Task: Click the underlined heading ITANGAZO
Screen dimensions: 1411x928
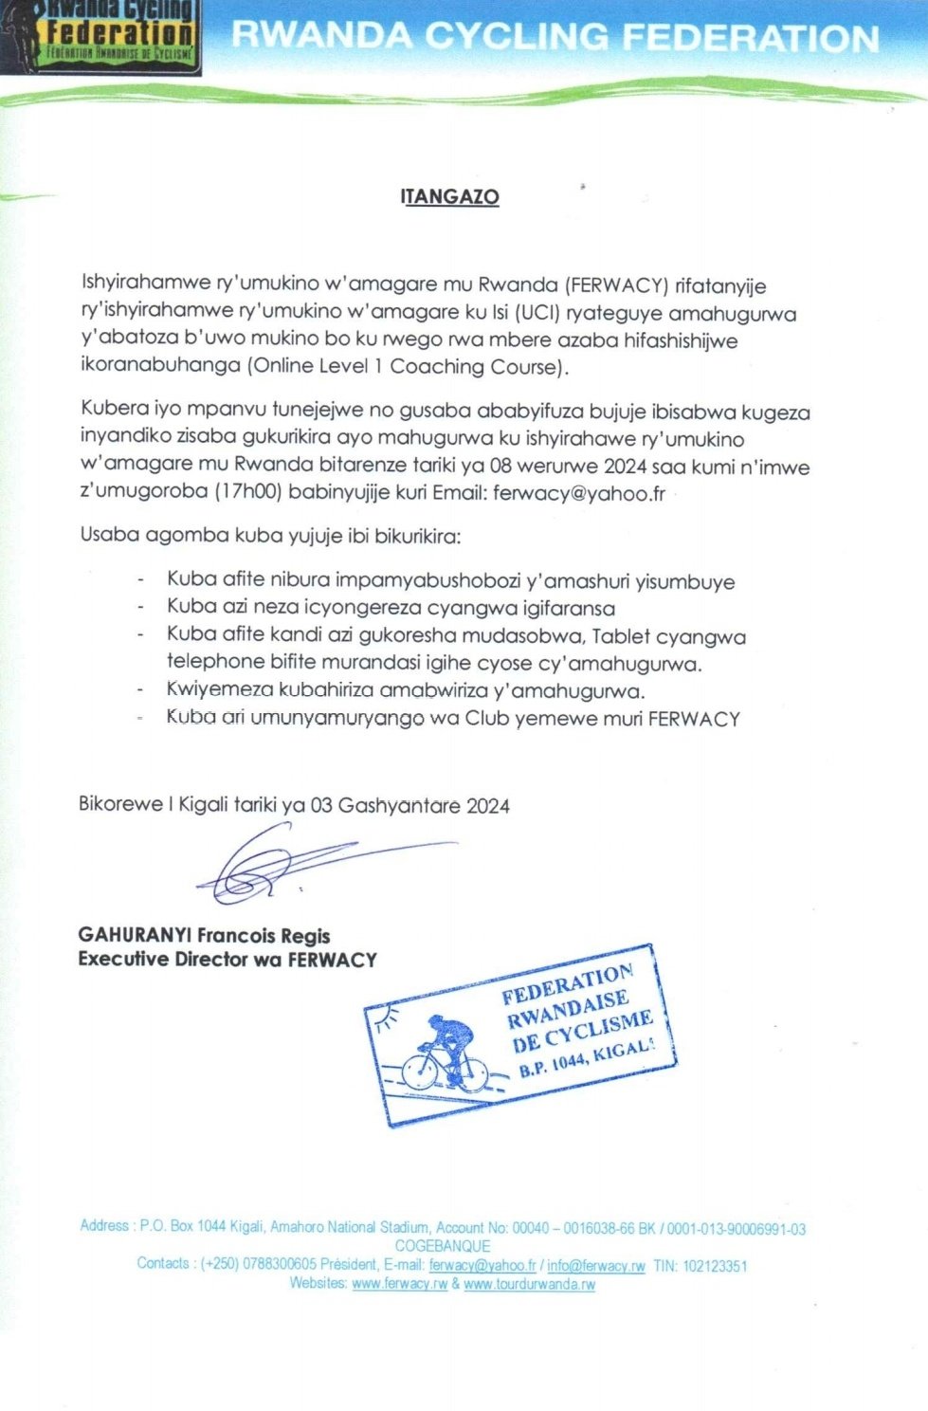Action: coord(449,196)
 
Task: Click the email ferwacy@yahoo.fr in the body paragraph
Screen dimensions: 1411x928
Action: coord(578,492)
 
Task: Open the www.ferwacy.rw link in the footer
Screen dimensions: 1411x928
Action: coord(399,1284)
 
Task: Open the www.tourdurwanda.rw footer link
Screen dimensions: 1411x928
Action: coord(529,1284)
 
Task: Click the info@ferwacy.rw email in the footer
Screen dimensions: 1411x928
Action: coord(595,1265)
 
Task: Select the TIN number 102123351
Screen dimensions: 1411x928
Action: coord(715,1265)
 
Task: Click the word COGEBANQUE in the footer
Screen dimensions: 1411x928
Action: coord(443,1246)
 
